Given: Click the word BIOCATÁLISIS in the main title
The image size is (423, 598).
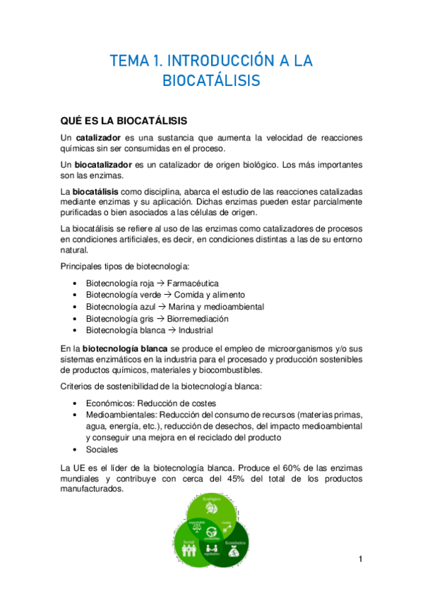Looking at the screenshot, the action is tap(211, 81).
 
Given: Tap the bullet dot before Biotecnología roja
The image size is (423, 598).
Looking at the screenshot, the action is tap(76, 283).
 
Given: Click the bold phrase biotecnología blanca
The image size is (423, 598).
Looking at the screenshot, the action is tap(125, 348).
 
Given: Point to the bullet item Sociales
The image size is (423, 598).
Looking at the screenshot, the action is tap(102, 449).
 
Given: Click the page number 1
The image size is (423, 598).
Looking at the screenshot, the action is tap(360, 560).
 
